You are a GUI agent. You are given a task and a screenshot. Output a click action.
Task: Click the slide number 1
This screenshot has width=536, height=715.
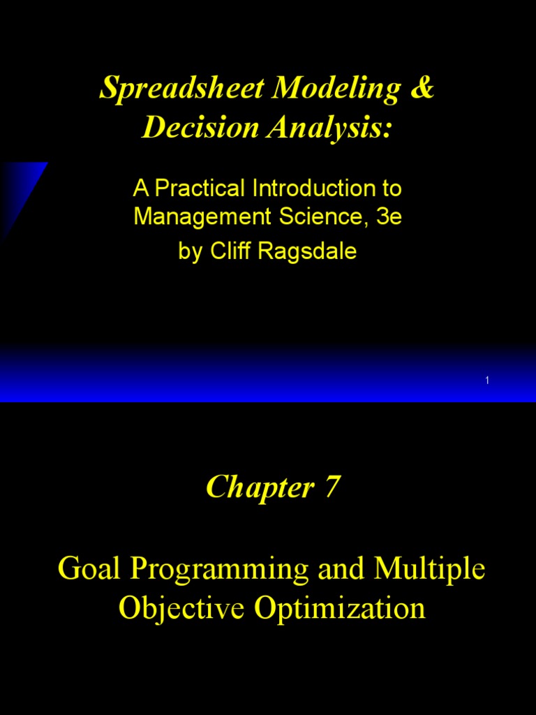pos(486,380)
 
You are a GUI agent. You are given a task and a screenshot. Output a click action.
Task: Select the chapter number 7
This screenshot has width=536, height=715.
pos(332,487)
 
